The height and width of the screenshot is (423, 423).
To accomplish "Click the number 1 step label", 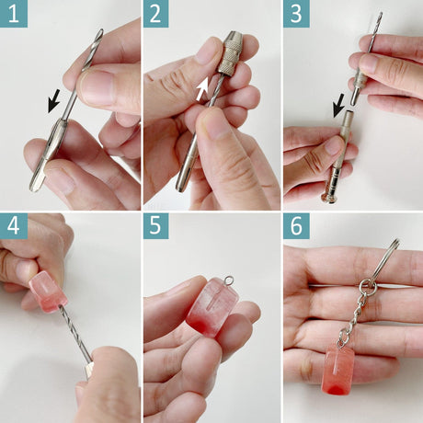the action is [x=14, y=14].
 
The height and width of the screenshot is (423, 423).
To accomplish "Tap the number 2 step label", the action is [x=155, y=14].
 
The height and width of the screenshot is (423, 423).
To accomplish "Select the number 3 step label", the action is [x=296, y=14].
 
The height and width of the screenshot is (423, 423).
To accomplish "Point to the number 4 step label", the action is [x=14, y=226].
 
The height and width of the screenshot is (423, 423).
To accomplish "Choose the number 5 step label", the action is [x=155, y=226].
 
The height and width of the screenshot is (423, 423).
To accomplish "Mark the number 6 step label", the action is [x=296, y=226].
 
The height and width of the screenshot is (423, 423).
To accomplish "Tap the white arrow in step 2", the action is [x=202, y=89].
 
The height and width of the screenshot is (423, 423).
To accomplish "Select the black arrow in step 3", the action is [x=339, y=107].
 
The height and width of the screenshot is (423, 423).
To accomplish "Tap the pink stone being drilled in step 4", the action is [x=48, y=292].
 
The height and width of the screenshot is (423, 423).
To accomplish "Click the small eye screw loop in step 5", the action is [x=228, y=280].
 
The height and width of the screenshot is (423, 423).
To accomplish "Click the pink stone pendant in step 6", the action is [x=337, y=369].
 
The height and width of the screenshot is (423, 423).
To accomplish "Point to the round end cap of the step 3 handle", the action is [x=329, y=198].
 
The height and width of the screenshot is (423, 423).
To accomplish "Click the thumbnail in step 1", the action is [x=97, y=86].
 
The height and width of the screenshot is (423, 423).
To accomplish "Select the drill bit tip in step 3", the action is [x=380, y=15].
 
